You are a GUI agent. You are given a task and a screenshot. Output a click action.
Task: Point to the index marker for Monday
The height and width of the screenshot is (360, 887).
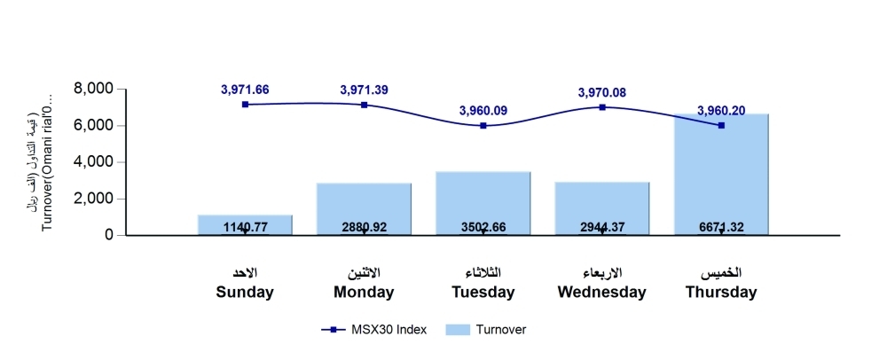point(364,105)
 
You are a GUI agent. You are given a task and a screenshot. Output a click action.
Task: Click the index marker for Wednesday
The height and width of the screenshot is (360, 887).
point(602,107)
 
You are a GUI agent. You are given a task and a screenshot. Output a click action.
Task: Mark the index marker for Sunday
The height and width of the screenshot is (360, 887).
point(245,105)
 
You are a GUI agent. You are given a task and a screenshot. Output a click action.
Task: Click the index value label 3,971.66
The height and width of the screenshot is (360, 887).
point(245,90)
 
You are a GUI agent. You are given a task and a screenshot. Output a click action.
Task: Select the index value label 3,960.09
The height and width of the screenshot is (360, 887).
point(483,111)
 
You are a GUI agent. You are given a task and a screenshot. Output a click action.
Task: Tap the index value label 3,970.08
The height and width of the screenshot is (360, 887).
point(602,92)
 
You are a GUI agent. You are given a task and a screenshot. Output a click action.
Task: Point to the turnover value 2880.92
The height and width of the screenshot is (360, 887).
point(364,228)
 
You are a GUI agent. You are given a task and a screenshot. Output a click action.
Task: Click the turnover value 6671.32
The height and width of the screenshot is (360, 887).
point(721,228)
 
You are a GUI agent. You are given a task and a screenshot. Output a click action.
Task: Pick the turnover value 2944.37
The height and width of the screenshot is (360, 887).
point(602,228)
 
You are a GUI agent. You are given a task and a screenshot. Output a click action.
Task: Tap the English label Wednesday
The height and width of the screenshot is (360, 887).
point(602,292)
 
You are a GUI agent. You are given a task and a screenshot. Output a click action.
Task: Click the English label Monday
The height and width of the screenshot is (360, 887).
point(364,292)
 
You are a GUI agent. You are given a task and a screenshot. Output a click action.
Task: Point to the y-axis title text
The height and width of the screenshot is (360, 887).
point(41,162)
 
